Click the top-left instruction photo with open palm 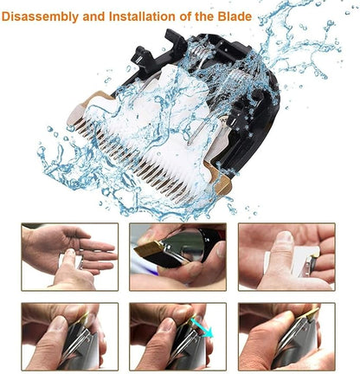pyautogui.click(x=69, y=256)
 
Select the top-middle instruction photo pyautogui.click(x=178, y=256)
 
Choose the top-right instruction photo pyautogui.click(x=286, y=256)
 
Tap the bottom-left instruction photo pyautogui.click(x=69, y=336)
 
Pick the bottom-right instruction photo pyautogui.click(x=286, y=336)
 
